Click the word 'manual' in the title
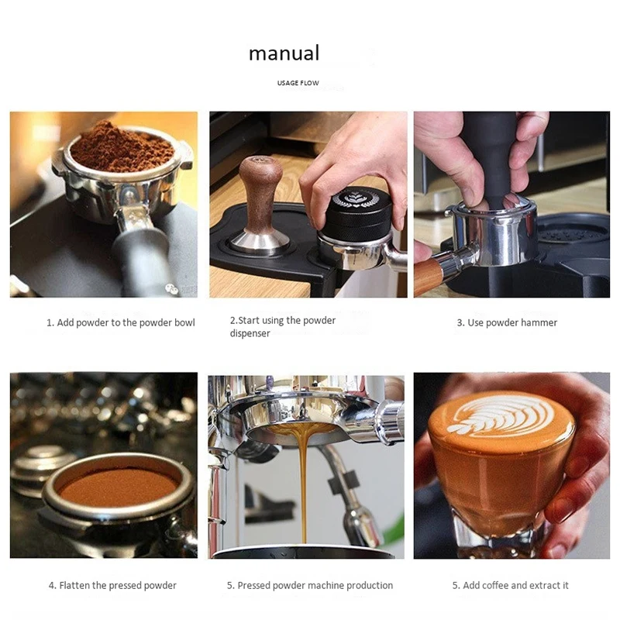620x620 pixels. pyautogui.click(x=284, y=53)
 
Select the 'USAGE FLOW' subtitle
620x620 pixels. pyautogui.click(x=298, y=83)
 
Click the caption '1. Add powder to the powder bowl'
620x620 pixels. pyautogui.click(x=120, y=322)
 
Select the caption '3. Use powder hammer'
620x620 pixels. pyautogui.click(x=507, y=322)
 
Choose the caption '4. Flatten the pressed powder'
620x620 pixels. pyautogui.click(x=112, y=585)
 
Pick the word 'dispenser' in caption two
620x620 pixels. pyautogui.click(x=250, y=333)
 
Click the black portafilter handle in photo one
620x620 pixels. pyautogui.click(x=143, y=260)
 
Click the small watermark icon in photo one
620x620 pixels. pyautogui.click(x=172, y=288)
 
